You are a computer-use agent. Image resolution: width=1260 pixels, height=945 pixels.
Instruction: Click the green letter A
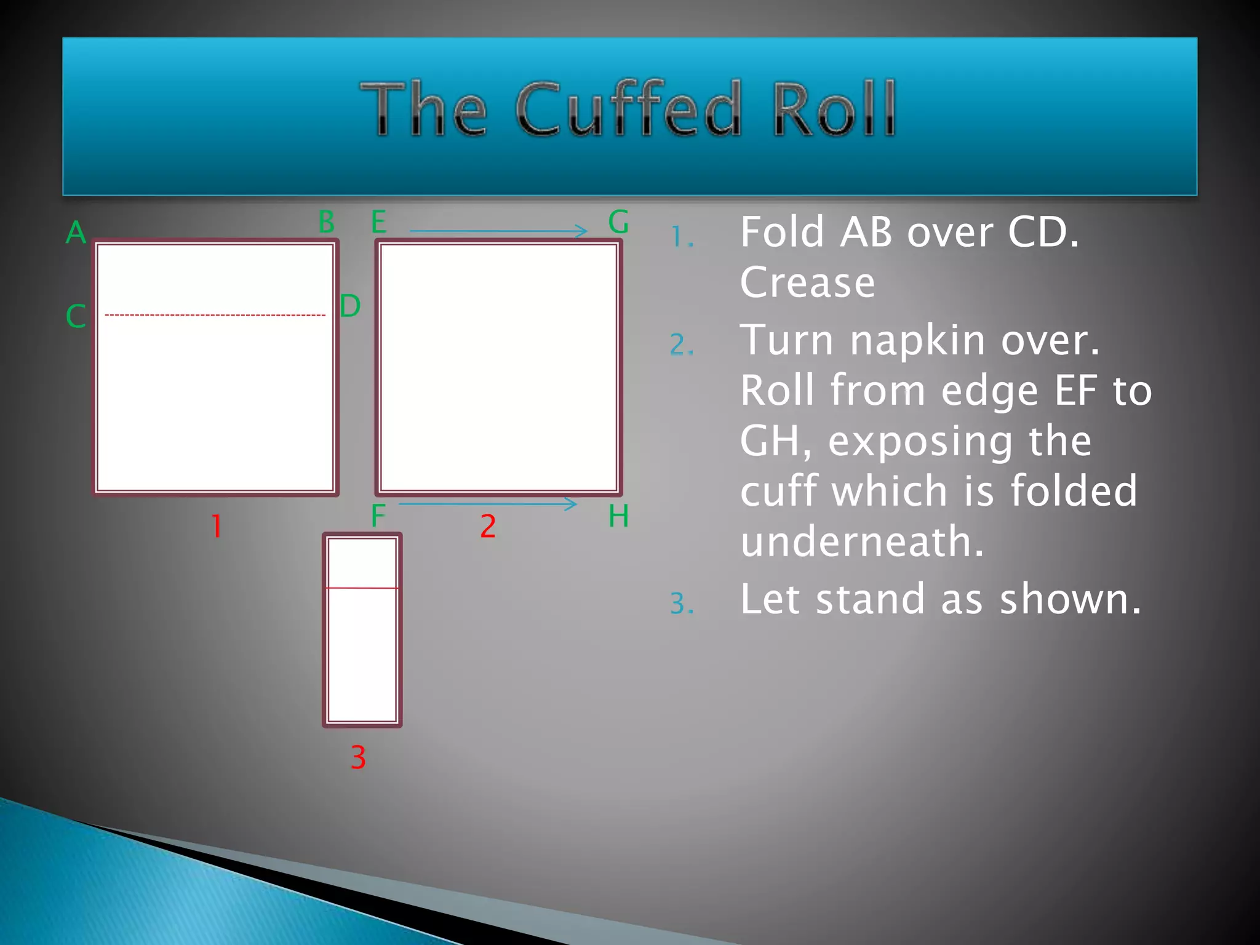pos(76,233)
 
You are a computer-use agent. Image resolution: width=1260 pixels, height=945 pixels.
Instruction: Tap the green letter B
pos(327,221)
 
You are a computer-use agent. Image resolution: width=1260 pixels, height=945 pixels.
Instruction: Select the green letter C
pos(76,316)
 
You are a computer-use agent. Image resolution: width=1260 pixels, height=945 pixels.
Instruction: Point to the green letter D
pos(350,306)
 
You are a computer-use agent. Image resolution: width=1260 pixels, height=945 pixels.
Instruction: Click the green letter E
pos(379,221)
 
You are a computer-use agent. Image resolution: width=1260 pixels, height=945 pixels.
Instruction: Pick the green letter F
pos(378,516)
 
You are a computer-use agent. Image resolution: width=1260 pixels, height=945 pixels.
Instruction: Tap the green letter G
pos(618,221)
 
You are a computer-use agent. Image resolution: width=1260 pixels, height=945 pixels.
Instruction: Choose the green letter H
pos(618,516)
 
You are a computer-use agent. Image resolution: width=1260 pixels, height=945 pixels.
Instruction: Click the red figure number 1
pos(217,527)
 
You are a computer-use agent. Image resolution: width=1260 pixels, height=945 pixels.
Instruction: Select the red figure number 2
pos(488,527)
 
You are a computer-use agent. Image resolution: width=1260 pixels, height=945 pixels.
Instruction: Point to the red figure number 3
pos(358,757)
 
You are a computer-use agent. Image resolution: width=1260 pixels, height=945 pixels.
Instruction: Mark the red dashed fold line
pos(215,315)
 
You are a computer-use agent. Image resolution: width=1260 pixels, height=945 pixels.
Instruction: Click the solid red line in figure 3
pos(362,588)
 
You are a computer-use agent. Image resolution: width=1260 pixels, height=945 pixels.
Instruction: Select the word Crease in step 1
pos(807,282)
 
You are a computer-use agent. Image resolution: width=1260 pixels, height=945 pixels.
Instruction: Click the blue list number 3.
pos(682,604)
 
